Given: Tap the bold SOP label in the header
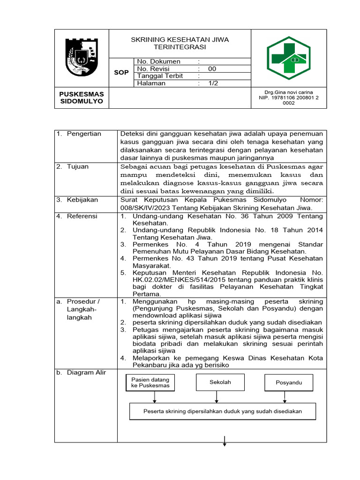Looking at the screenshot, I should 121,73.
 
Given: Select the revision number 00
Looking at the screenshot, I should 212,69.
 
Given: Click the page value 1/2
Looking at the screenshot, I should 213,83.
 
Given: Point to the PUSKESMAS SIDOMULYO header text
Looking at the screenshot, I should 82,97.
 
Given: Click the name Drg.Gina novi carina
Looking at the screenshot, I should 289,92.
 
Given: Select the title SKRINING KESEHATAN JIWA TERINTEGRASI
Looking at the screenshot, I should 180,44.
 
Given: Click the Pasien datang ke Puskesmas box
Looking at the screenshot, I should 150,382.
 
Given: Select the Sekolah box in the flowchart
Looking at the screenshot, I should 220,382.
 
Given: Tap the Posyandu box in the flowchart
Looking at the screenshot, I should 288,382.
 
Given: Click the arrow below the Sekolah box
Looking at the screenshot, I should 216,397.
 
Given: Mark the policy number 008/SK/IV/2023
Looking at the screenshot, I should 144,208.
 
